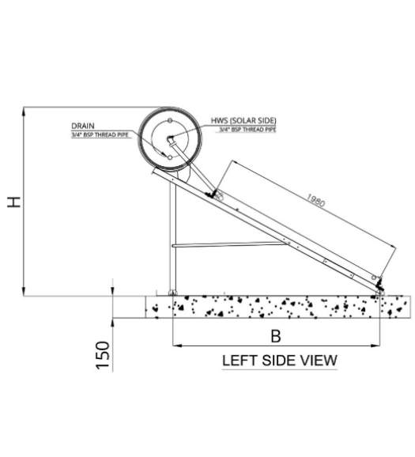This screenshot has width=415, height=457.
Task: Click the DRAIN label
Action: coord(83,126)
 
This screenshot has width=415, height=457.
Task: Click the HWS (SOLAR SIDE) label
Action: coord(243,121)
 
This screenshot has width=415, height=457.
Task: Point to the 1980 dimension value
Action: coord(315,201)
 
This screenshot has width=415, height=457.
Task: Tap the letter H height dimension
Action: coord(14,202)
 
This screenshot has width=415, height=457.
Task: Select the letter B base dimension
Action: coord(276,336)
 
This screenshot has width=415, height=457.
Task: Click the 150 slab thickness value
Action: coord(103,355)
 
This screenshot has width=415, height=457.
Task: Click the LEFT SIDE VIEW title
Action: coord(280,361)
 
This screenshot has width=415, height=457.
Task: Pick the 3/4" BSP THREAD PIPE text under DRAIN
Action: coord(100,135)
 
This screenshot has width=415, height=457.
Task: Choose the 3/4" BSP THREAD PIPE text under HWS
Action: coord(247,130)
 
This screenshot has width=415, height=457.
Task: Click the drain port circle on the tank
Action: coord(170,157)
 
